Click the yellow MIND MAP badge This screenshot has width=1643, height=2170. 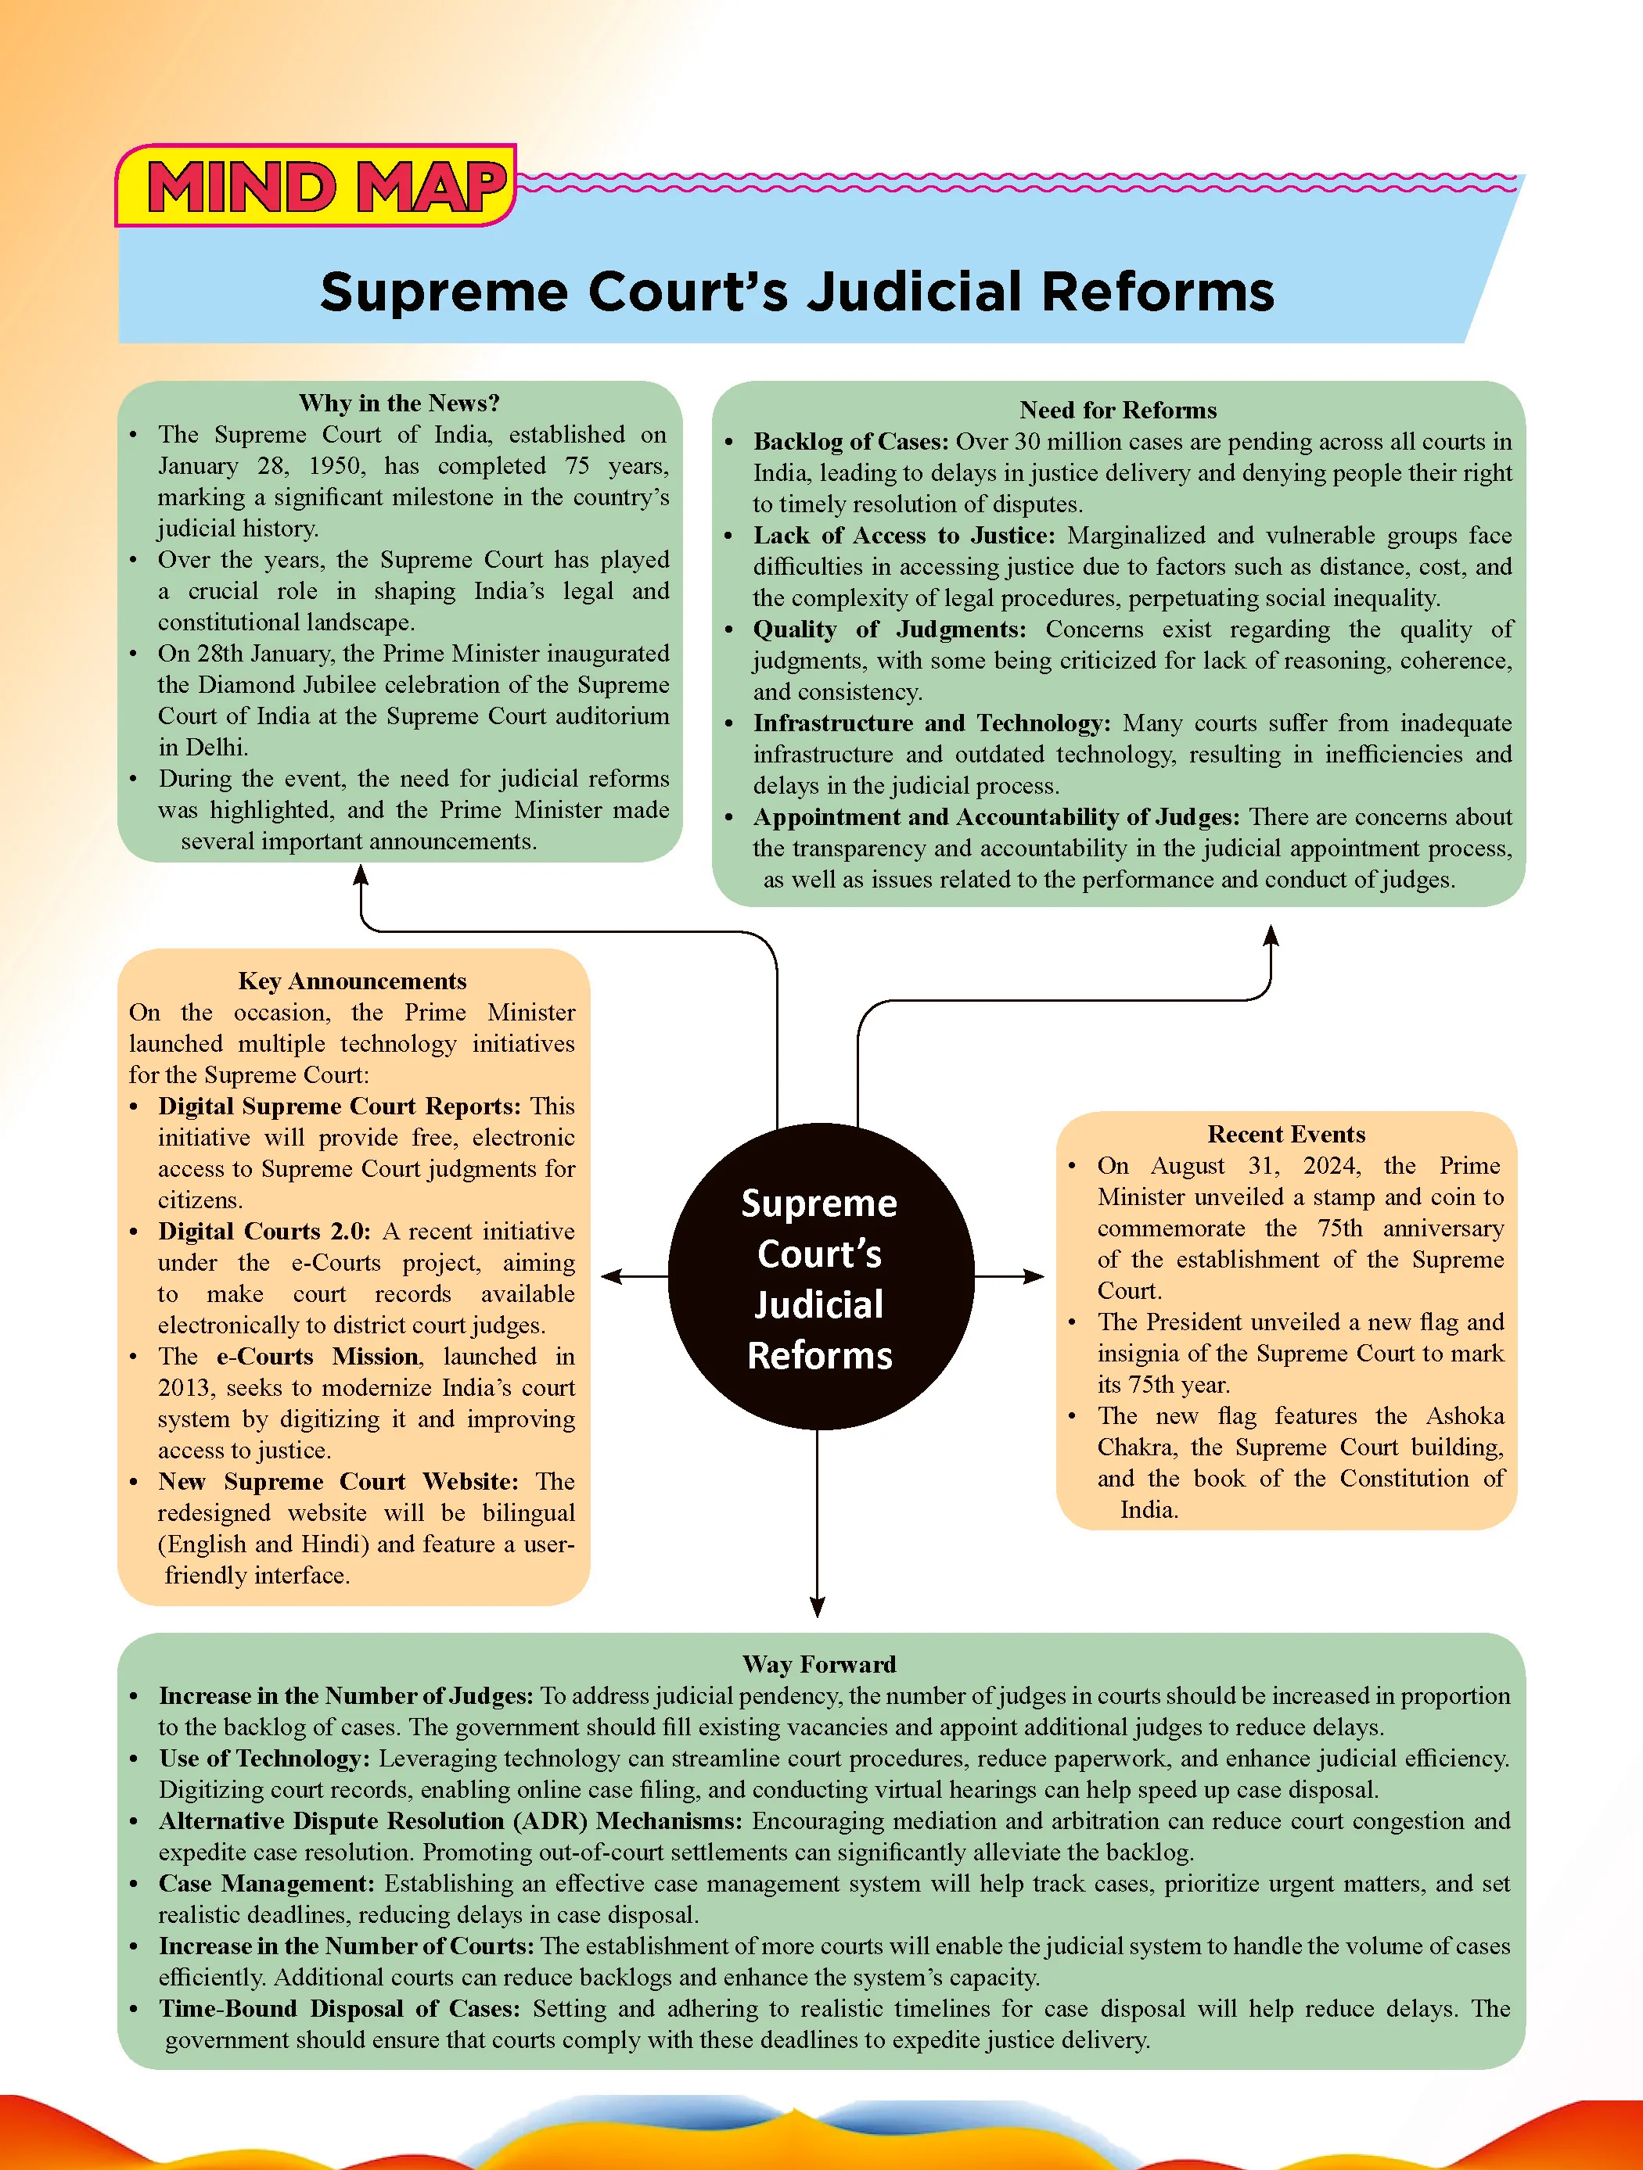pyautogui.click(x=315, y=185)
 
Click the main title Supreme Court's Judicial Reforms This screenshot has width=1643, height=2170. pyautogui.click(x=797, y=292)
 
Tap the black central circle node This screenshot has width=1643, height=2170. pyautogui.click(x=821, y=1276)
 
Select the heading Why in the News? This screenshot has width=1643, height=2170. pyautogui.click(x=400, y=404)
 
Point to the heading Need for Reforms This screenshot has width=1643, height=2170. pyautogui.click(x=1118, y=410)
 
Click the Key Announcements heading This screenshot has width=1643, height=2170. pyautogui.click(x=352, y=981)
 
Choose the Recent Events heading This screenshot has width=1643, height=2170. pyautogui.click(x=1285, y=1134)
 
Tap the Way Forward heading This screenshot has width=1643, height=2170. pyautogui.click(x=819, y=1664)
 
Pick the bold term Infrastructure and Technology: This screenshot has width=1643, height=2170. pyautogui.click(x=933, y=723)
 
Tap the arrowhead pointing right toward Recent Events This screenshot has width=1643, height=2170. pyautogui.click(x=1034, y=1276)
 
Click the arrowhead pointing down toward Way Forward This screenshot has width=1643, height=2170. pyautogui.click(x=818, y=1607)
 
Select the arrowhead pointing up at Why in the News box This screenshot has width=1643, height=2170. pyautogui.click(x=361, y=875)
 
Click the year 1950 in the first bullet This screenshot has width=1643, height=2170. pyautogui.click(x=335, y=466)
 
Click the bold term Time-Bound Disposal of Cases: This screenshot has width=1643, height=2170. pyautogui.click(x=340, y=2008)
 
